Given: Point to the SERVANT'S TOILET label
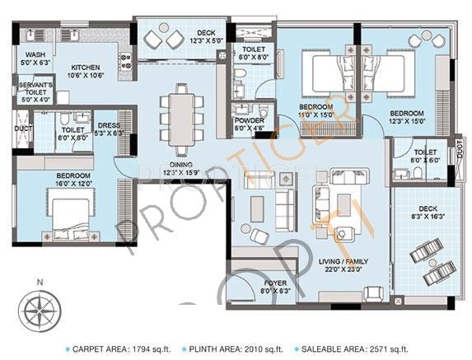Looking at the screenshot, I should click(35, 91).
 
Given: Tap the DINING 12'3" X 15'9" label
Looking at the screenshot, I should click(181, 169).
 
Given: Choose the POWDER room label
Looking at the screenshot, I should click(250, 124).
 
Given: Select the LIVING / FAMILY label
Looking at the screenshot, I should click(343, 265).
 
